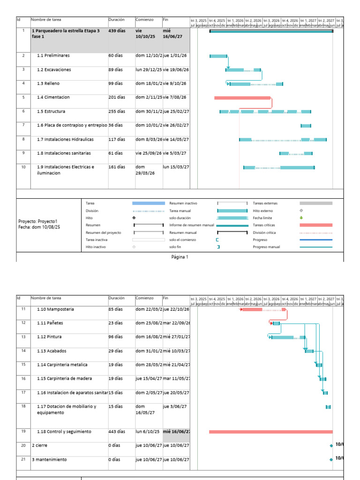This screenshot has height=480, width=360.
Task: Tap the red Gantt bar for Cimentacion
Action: pyautogui.click(x=242, y=98)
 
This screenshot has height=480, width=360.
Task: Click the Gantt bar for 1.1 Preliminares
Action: pyautogui.click(x=218, y=56)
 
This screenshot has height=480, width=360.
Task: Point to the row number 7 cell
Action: pyautogui.click(x=23, y=125)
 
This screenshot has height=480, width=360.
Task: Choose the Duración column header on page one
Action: pyautogui.click(x=117, y=20)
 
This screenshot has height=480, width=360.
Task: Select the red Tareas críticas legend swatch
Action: pyautogui.click(x=315, y=225)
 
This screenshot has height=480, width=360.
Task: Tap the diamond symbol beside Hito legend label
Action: pyautogui.click(x=134, y=218)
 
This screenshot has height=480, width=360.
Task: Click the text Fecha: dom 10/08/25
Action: pyautogui.click(x=39, y=227)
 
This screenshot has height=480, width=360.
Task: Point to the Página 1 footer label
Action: pyautogui.click(x=180, y=257)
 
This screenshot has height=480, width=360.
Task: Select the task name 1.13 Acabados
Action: pyautogui.click(x=54, y=351)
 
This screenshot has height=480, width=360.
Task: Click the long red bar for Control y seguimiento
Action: pyautogui.click(x=270, y=432)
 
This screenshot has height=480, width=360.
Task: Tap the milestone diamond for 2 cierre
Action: pyautogui.click(x=331, y=445)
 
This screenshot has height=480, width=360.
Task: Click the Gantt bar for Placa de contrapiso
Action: pyautogui.click(x=306, y=126)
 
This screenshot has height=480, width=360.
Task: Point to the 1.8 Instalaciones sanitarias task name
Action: pyautogui.click(x=64, y=153)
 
